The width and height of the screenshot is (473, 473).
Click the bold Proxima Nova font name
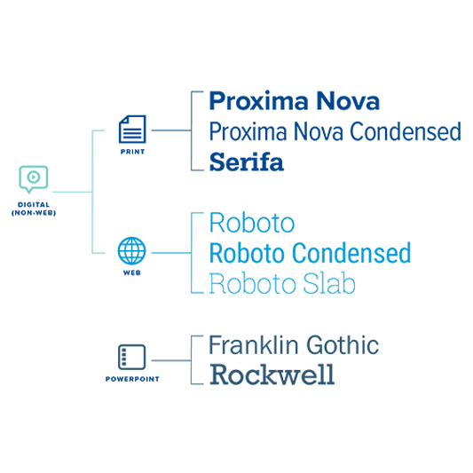295,101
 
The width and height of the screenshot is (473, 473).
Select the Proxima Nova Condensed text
335,131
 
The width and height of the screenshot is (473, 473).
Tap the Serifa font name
247,162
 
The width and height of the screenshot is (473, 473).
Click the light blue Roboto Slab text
282,283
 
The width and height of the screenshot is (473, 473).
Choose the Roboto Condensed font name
310,253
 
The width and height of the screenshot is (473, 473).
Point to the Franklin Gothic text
294,345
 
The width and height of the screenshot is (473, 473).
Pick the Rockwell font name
272,374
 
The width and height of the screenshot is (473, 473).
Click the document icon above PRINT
132,129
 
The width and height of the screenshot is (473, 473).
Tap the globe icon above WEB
132,251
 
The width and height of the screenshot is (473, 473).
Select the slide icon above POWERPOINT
132,357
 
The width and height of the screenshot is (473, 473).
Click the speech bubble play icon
34,179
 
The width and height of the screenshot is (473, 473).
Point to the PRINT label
132,152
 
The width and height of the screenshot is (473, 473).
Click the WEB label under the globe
132,272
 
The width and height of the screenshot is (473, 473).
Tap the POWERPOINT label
132,379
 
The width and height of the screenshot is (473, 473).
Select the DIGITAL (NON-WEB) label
34,209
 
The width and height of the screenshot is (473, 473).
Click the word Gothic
343,345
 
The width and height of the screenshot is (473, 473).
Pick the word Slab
329,283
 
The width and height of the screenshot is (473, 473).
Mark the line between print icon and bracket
171,130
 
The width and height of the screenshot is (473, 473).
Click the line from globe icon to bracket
171,253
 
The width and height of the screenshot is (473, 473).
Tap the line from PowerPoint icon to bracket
171,360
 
